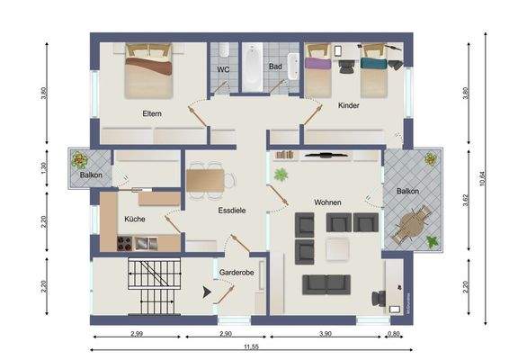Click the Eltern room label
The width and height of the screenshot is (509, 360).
pos(151,114)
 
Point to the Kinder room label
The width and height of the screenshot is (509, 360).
pos(349,106)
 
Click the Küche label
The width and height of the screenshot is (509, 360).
pos(136,218)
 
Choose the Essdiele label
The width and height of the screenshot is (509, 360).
pos(232,211)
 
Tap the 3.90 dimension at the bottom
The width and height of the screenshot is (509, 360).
pos(324,335)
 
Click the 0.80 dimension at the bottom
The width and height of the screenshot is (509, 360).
pos(393,335)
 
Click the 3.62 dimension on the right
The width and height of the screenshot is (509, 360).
pos(465,201)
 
